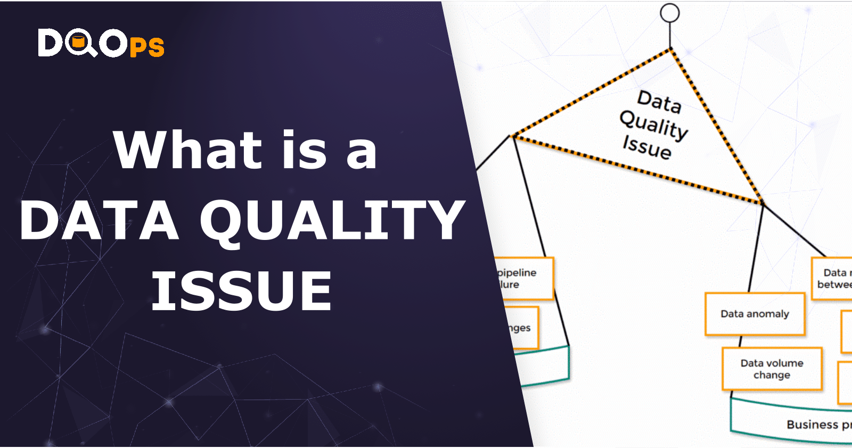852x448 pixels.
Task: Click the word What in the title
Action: [x=187, y=151]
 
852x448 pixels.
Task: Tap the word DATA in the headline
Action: [x=99, y=220]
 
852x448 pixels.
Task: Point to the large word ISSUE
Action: [x=242, y=291]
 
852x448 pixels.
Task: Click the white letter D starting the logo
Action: [x=50, y=43]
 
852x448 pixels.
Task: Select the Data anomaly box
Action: [x=755, y=314]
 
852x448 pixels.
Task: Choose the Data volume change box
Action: [x=772, y=369]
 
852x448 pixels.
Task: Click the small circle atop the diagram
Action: [x=670, y=13]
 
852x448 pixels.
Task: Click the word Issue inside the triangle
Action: [x=647, y=147]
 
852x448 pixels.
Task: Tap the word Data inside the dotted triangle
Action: [x=659, y=101]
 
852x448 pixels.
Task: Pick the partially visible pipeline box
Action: [x=525, y=278]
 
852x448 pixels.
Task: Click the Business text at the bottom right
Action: [x=813, y=425]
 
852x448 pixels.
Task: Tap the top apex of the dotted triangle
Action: [x=670, y=49]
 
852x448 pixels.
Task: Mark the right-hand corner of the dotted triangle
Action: [x=762, y=203]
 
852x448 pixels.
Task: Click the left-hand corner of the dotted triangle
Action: [x=513, y=137]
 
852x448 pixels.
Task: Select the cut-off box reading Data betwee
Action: [x=832, y=278]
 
